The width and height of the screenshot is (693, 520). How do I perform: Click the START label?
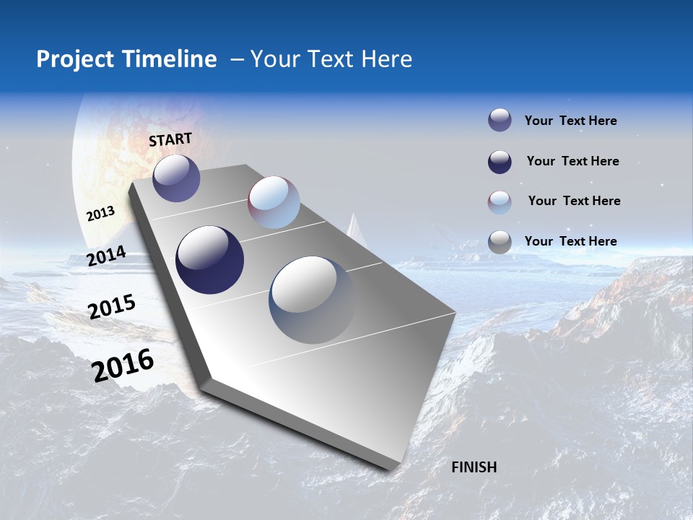click(x=170, y=139)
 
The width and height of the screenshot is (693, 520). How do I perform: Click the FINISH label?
click(x=474, y=467)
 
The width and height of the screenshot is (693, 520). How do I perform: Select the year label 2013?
click(x=100, y=214)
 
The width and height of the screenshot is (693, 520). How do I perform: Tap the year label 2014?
click(x=106, y=256)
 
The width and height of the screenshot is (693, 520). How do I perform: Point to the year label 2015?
click(x=112, y=307)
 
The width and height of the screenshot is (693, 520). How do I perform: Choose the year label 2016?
click(x=123, y=365)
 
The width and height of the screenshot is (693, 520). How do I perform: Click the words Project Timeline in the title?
click(x=126, y=59)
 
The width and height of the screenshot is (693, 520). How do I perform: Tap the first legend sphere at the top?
click(x=500, y=120)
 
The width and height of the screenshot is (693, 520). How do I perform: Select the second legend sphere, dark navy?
click(x=500, y=162)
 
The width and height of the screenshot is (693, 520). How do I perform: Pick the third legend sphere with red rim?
click(x=500, y=202)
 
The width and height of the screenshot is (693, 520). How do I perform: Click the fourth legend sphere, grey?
click(x=500, y=242)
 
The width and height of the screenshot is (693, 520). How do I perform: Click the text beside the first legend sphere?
click(x=570, y=121)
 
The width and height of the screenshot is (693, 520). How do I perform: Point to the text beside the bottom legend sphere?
click(x=570, y=241)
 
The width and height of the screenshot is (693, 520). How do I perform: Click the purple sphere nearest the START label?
click(x=176, y=178)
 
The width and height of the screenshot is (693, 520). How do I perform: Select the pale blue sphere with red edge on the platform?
click(x=274, y=202)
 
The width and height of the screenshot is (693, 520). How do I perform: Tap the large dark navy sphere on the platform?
click(x=210, y=260)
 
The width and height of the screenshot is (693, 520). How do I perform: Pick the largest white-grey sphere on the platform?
click(x=313, y=300)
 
